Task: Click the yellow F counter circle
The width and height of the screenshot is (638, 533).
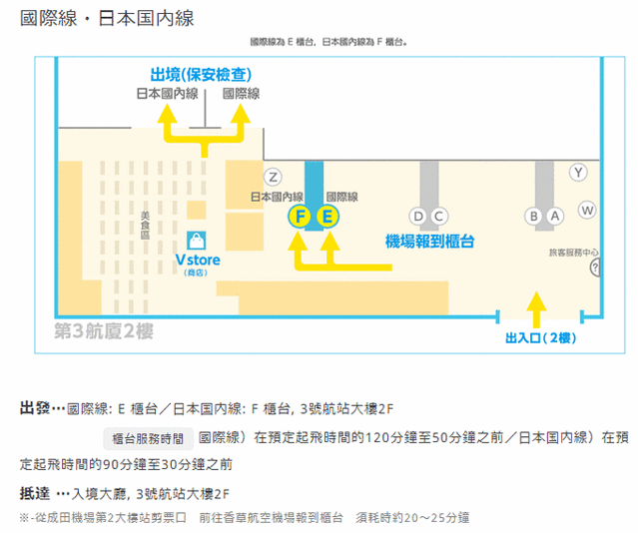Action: click(x=299, y=217)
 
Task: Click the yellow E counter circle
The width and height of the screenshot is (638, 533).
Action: click(x=328, y=217)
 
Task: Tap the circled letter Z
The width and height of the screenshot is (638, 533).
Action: click(x=274, y=177)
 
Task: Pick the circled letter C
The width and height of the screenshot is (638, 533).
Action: click(x=439, y=217)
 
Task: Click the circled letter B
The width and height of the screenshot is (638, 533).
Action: click(x=534, y=217)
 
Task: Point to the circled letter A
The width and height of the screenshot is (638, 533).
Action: click(x=554, y=217)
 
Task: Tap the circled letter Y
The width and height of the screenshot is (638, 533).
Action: click(x=578, y=172)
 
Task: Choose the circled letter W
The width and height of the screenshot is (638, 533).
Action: click(x=587, y=210)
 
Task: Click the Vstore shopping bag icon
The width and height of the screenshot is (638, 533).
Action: click(x=197, y=241)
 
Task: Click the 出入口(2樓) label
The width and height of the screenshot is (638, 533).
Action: click(x=539, y=338)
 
